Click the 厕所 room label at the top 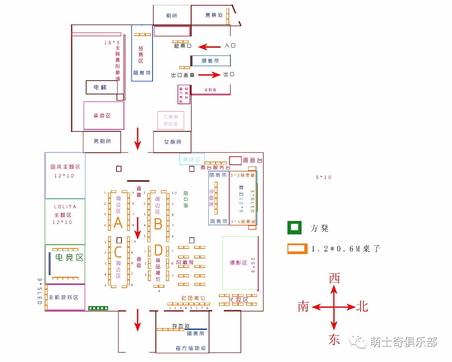point(172,16)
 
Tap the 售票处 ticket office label point(214,15)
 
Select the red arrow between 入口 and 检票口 point(209,47)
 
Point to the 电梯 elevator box point(100,87)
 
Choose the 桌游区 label point(102,116)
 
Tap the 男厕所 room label point(102,141)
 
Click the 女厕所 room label point(173,142)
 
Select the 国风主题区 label point(65,167)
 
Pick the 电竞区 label point(70,257)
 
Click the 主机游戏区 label point(64,297)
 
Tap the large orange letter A point(118,223)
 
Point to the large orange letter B point(158,224)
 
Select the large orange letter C point(118,252)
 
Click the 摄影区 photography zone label point(238,263)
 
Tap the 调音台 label point(252,160)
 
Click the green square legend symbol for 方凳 point(295,228)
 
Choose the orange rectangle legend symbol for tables point(297,249)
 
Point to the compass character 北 point(362,306)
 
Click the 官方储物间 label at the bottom point(191,348)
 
